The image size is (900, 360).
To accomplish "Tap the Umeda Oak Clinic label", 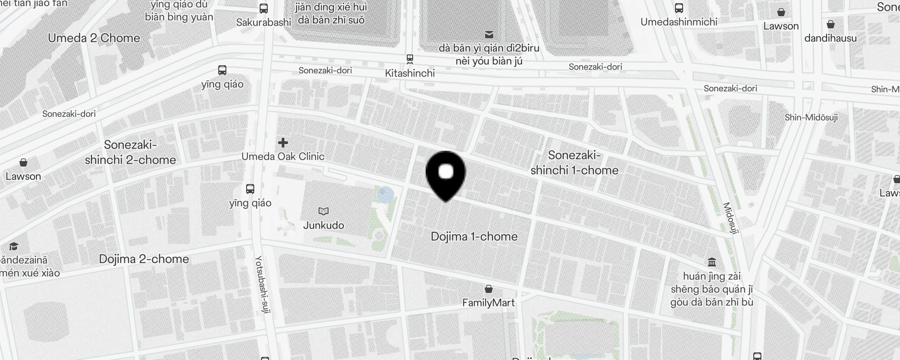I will [x=283, y=157].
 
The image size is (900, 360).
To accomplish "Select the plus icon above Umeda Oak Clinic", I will [x=283, y=143].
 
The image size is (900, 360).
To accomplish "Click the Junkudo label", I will [x=324, y=225].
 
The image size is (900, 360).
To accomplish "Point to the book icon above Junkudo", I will [x=324, y=211].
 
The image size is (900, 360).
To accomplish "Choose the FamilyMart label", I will [x=488, y=303].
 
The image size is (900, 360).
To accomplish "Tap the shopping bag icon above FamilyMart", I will [x=489, y=288].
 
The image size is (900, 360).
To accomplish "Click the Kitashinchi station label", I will [x=409, y=73].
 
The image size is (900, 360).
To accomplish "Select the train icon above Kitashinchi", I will [x=409, y=58].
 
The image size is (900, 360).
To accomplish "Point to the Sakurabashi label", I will [x=264, y=22].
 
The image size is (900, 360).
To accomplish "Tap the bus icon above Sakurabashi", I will [x=264, y=8].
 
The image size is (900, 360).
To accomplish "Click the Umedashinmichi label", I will [x=679, y=22].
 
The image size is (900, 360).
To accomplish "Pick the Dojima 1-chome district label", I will [x=474, y=236].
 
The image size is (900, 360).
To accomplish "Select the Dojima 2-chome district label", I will [x=144, y=259].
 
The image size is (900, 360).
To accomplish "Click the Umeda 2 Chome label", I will [x=94, y=38].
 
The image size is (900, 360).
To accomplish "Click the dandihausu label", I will [x=830, y=38].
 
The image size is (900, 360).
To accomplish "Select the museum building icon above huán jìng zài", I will [x=712, y=262].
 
